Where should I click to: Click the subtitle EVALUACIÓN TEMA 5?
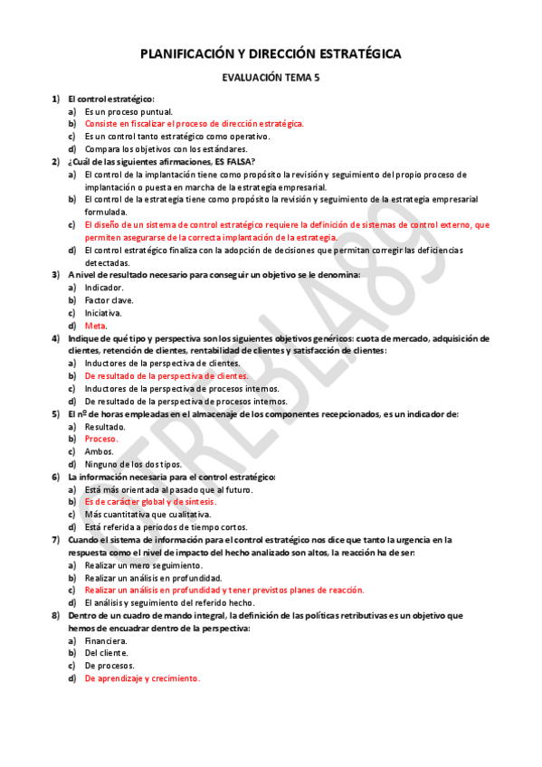pyautogui.click(x=271, y=79)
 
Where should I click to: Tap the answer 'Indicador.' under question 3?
pyautogui.click(x=105, y=287)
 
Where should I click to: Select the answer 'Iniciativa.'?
pyautogui.click(x=105, y=312)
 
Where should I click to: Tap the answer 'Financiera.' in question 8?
pyautogui.click(x=107, y=640)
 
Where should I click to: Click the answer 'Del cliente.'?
pyautogui.click(x=107, y=653)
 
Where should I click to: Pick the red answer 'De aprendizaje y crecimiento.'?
pyautogui.click(x=143, y=678)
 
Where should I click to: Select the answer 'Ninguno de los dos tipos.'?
pyautogui.click(x=133, y=464)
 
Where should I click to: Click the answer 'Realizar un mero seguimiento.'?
pyautogui.click(x=144, y=564)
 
